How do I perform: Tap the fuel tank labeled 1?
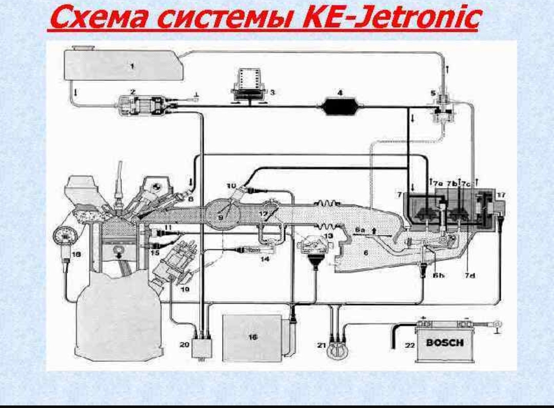pos(123,65)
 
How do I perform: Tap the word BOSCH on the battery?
pos(445,342)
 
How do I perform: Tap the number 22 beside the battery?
pos(409,345)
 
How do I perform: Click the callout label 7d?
pos(470,275)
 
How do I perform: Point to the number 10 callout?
pos(232,185)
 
